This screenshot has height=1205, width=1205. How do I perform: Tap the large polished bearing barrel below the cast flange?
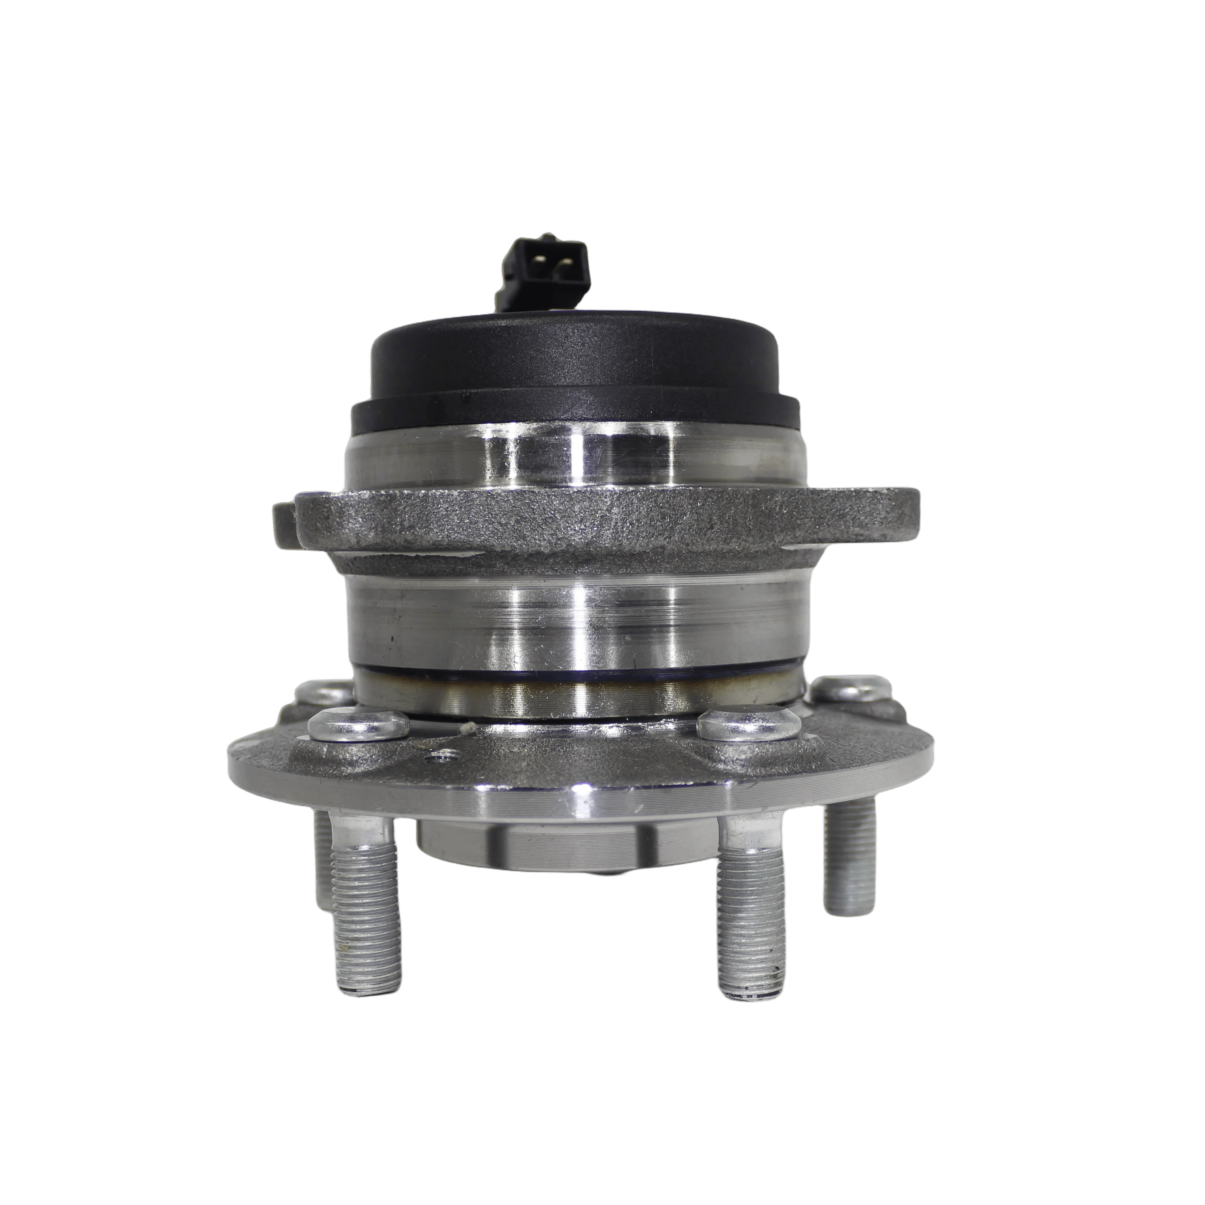click(x=574, y=617)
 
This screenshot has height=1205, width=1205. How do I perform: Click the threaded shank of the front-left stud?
click(x=364, y=898)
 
